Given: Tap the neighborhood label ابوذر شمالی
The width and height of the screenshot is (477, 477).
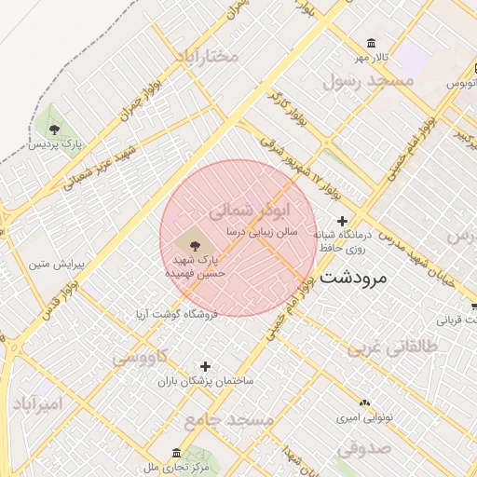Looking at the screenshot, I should click(252, 209).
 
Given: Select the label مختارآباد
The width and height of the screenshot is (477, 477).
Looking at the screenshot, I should click(206, 57).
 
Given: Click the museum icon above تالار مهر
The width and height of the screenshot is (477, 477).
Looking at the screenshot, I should click(373, 44).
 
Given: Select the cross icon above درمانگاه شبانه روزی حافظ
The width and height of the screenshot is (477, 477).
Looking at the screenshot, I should click(342, 220).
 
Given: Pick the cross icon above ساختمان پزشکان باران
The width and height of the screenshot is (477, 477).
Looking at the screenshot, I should click(206, 366).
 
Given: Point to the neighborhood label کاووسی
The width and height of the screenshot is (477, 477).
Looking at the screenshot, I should click(141, 356).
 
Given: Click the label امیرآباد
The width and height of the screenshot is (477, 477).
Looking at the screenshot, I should click(37, 404).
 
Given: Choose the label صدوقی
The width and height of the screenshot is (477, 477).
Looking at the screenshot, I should click(361, 448).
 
